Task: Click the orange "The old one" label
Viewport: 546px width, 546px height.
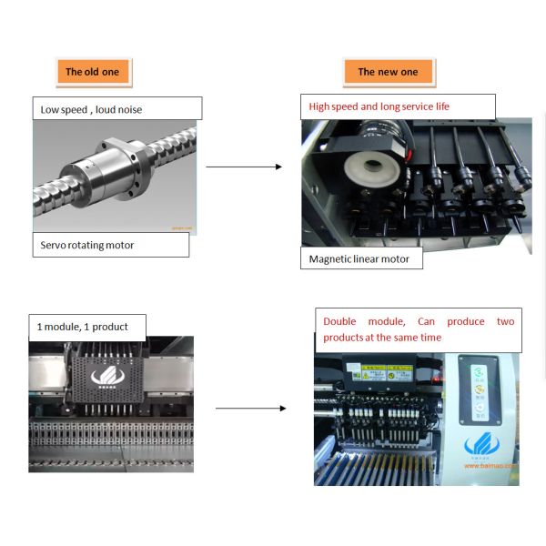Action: pyautogui.click(x=92, y=71)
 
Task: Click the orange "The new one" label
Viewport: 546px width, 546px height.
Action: pyautogui.click(x=388, y=71)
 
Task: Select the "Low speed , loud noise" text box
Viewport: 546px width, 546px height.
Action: pyautogui.click(x=116, y=109)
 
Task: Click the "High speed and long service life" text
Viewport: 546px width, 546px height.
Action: pyautogui.click(x=379, y=106)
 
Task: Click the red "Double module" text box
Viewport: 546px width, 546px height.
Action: pyautogui.click(x=419, y=329)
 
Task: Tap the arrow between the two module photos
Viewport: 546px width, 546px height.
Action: pyautogui.click(x=250, y=409)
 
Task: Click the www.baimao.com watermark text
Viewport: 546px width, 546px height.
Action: pyautogui.click(x=490, y=465)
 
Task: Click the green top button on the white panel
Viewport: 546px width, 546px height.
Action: pyautogui.click(x=478, y=371)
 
